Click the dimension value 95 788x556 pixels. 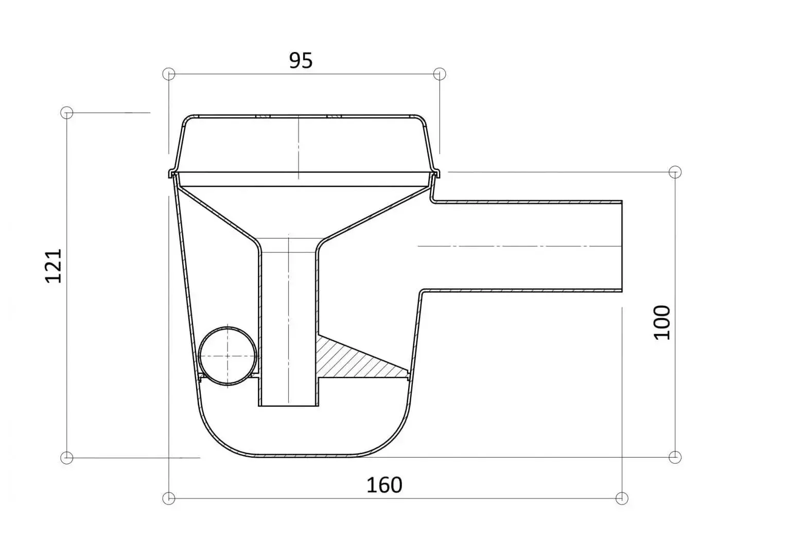click(x=301, y=61)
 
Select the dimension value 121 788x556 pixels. click(x=54, y=266)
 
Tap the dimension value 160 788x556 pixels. click(x=384, y=485)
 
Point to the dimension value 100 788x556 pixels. click(x=662, y=322)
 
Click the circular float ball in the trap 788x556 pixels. click(x=227, y=356)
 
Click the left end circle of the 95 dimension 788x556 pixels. click(x=169, y=74)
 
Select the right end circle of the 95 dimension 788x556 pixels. click(x=440, y=74)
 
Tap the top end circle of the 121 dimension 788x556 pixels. click(x=67, y=113)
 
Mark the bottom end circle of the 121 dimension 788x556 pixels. click(x=67, y=458)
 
